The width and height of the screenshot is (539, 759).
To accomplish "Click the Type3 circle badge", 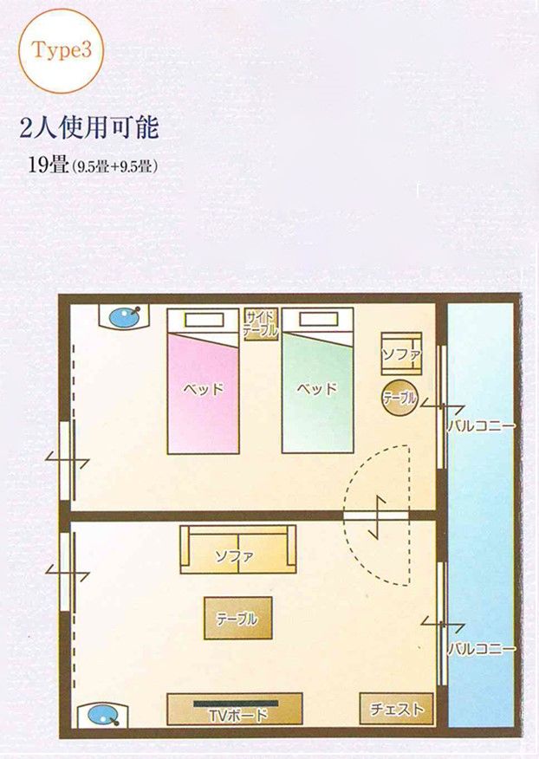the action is click(61, 51).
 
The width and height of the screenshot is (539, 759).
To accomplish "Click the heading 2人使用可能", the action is click(89, 128).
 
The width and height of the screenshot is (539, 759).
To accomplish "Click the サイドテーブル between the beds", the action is click(261, 324).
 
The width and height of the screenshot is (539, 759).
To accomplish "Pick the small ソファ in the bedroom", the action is click(401, 354).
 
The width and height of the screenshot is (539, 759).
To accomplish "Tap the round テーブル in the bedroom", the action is click(399, 398).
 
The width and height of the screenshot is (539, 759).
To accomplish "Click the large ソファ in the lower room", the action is click(237, 549).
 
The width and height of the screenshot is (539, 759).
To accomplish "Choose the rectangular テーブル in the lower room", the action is click(237, 618).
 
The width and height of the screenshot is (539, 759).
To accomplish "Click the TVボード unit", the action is click(235, 709).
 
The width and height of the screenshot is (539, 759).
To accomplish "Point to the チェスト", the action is click(397, 709).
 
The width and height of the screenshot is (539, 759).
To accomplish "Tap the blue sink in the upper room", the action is click(125, 317).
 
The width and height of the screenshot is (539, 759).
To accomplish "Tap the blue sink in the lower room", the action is click(103, 715).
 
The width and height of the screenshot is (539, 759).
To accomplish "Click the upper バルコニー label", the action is click(481, 426).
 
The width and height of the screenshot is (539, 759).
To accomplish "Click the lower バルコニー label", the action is click(482, 649).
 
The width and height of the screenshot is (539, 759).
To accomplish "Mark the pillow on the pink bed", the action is click(204, 320).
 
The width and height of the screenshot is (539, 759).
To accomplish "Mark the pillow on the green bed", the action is click(319, 320).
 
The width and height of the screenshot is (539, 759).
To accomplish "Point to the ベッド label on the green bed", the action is click(316, 389).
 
